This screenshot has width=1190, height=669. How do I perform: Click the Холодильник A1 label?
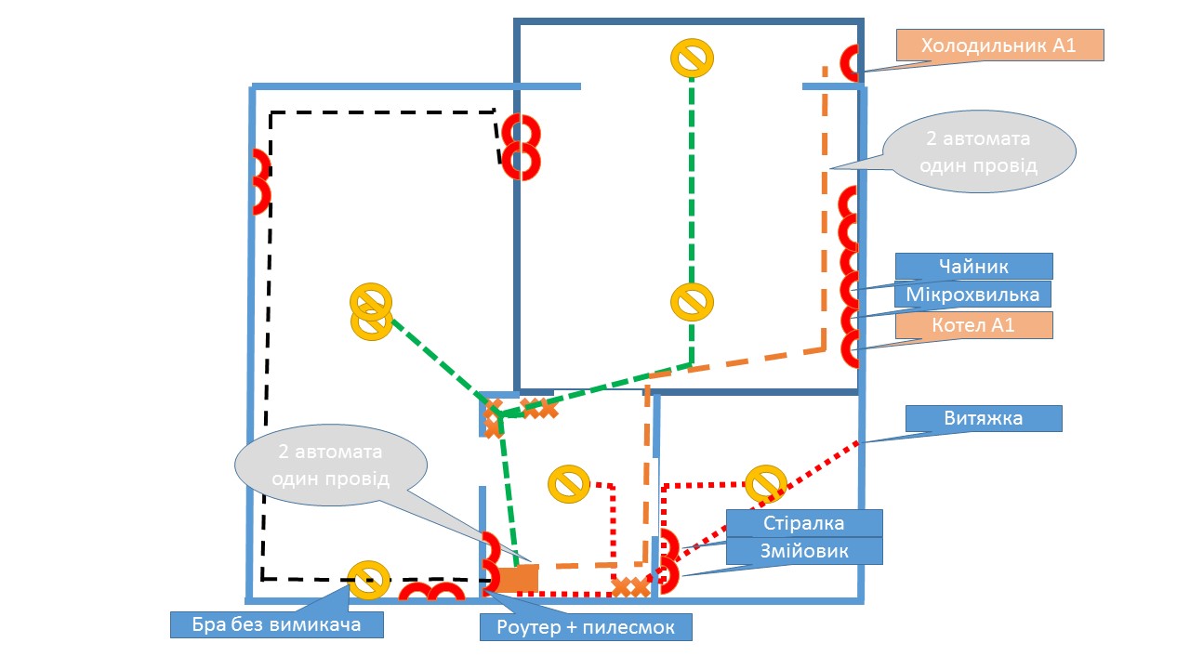click(999, 46)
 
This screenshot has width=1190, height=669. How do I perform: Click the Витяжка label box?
click(984, 418)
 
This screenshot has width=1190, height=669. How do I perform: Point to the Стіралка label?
click(803, 522)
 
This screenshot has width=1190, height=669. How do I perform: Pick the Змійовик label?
click(803, 551)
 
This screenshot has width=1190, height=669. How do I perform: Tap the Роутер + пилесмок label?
click(587, 627)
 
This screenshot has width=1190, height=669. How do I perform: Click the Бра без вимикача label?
click(277, 624)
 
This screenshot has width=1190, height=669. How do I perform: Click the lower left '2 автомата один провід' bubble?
click(331, 465)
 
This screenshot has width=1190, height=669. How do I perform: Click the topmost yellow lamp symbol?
click(692, 58)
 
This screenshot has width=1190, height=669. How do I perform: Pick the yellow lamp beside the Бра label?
click(368, 580)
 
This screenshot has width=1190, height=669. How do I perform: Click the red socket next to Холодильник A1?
click(850, 63)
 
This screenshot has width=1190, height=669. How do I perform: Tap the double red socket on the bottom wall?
click(431, 594)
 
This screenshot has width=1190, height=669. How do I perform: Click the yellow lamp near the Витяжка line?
click(766, 484)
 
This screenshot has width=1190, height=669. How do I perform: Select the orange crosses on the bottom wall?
click(631, 587)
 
